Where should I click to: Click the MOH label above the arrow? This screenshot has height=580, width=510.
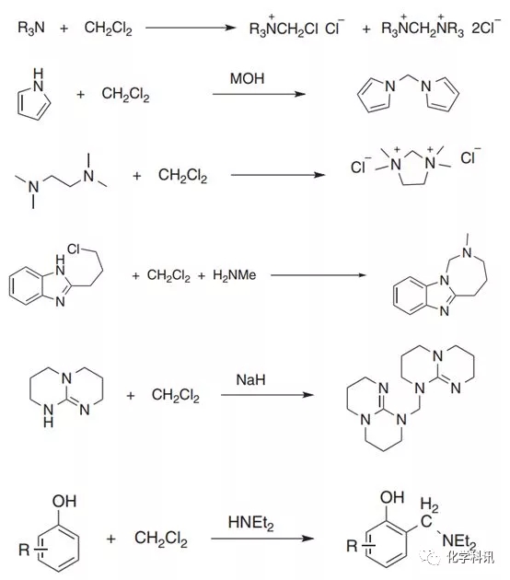point(247,78)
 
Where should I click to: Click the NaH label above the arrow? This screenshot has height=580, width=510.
point(250,380)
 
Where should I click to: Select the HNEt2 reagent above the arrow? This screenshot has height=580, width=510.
point(251,523)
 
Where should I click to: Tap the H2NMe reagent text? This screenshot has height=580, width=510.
point(235,275)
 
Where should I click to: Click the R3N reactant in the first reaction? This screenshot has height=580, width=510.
point(31,28)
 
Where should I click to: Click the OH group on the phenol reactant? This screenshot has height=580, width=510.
point(64,501)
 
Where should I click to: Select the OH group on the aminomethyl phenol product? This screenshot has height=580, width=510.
point(392,497)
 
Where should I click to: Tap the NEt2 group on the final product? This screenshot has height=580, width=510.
point(459,542)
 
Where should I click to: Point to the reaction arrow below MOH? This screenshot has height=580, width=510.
point(259,94)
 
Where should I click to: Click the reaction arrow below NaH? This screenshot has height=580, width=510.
point(267,395)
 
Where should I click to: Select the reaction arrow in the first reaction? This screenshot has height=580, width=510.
point(191,28)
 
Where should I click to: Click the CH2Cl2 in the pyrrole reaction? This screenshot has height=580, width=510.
point(126,94)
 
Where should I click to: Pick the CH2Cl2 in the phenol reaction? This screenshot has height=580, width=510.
point(161,539)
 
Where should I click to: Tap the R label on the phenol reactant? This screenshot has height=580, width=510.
point(24,550)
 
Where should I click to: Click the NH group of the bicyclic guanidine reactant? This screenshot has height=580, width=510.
point(49,415)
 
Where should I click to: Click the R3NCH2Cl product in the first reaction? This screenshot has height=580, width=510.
point(284,27)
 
